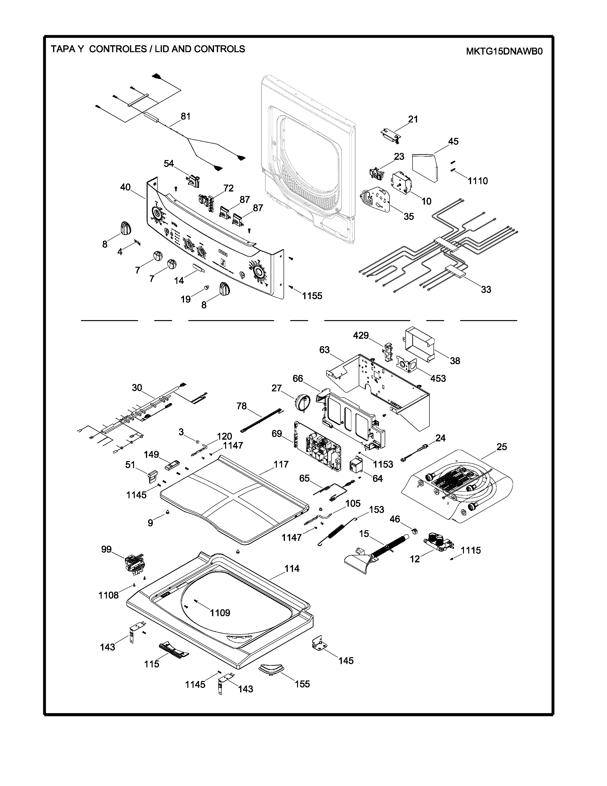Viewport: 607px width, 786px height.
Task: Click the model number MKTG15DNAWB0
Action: (504, 51)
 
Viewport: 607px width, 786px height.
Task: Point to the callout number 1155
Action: (312, 296)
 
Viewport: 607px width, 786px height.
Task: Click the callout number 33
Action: (486, 289)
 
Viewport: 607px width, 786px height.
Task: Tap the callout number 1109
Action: (220, 613)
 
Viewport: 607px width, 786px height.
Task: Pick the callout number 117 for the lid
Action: (281, 464)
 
